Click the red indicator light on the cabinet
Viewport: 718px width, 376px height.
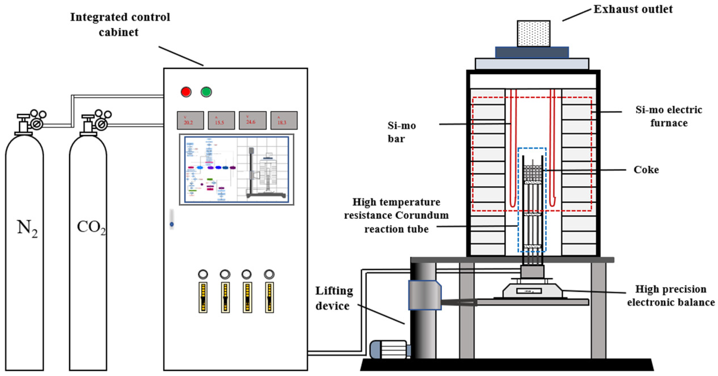point(186,92)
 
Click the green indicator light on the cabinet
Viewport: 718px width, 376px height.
point(206,92)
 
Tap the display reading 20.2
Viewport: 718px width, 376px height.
point(190,120)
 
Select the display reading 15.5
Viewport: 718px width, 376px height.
point(221,120)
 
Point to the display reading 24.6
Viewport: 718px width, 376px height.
point(252,120)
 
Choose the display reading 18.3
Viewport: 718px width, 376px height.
point(283,120)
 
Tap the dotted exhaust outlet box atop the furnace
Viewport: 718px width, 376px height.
point(533,33)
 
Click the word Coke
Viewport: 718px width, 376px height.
point(646,170)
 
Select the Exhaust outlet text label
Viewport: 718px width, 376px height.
point(633,9)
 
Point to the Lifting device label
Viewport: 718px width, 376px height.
point(334,298)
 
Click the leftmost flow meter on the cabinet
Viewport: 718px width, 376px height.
point(203,297)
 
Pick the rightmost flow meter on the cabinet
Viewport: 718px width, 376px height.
point(269,297)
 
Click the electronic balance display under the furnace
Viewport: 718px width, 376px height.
point(528,291)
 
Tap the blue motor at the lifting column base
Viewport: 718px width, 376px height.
point(388,350)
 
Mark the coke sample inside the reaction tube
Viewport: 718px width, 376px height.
point(532,173)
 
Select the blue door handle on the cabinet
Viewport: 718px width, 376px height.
point(172,224)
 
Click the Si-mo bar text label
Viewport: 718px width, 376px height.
point(401,132)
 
